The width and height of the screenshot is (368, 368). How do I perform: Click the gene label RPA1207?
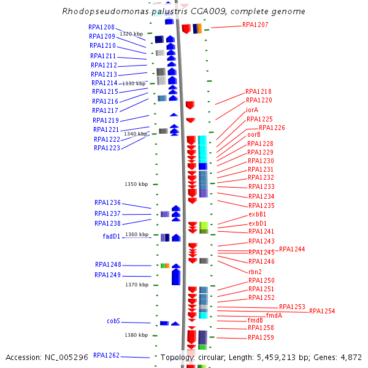255,25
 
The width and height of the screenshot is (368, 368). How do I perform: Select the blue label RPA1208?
101,28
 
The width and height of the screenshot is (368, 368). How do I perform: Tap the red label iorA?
252,110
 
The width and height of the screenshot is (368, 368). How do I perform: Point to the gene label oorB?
254,135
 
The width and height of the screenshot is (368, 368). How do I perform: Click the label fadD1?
111,236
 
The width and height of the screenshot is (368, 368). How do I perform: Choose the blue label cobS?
113,321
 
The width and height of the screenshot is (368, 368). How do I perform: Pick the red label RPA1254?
322,312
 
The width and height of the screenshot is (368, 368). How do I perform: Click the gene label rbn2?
255,272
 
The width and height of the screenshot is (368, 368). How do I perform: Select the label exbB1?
257,215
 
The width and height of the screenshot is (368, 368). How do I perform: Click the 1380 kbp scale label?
136,335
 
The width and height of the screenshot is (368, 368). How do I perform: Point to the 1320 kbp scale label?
131,34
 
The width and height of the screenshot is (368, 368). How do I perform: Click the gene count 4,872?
351,358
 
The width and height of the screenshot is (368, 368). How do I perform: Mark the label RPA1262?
106,355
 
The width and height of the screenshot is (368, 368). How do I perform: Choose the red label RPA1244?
292,250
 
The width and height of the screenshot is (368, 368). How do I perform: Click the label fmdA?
274,316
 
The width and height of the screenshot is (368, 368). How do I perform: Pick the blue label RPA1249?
108,275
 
